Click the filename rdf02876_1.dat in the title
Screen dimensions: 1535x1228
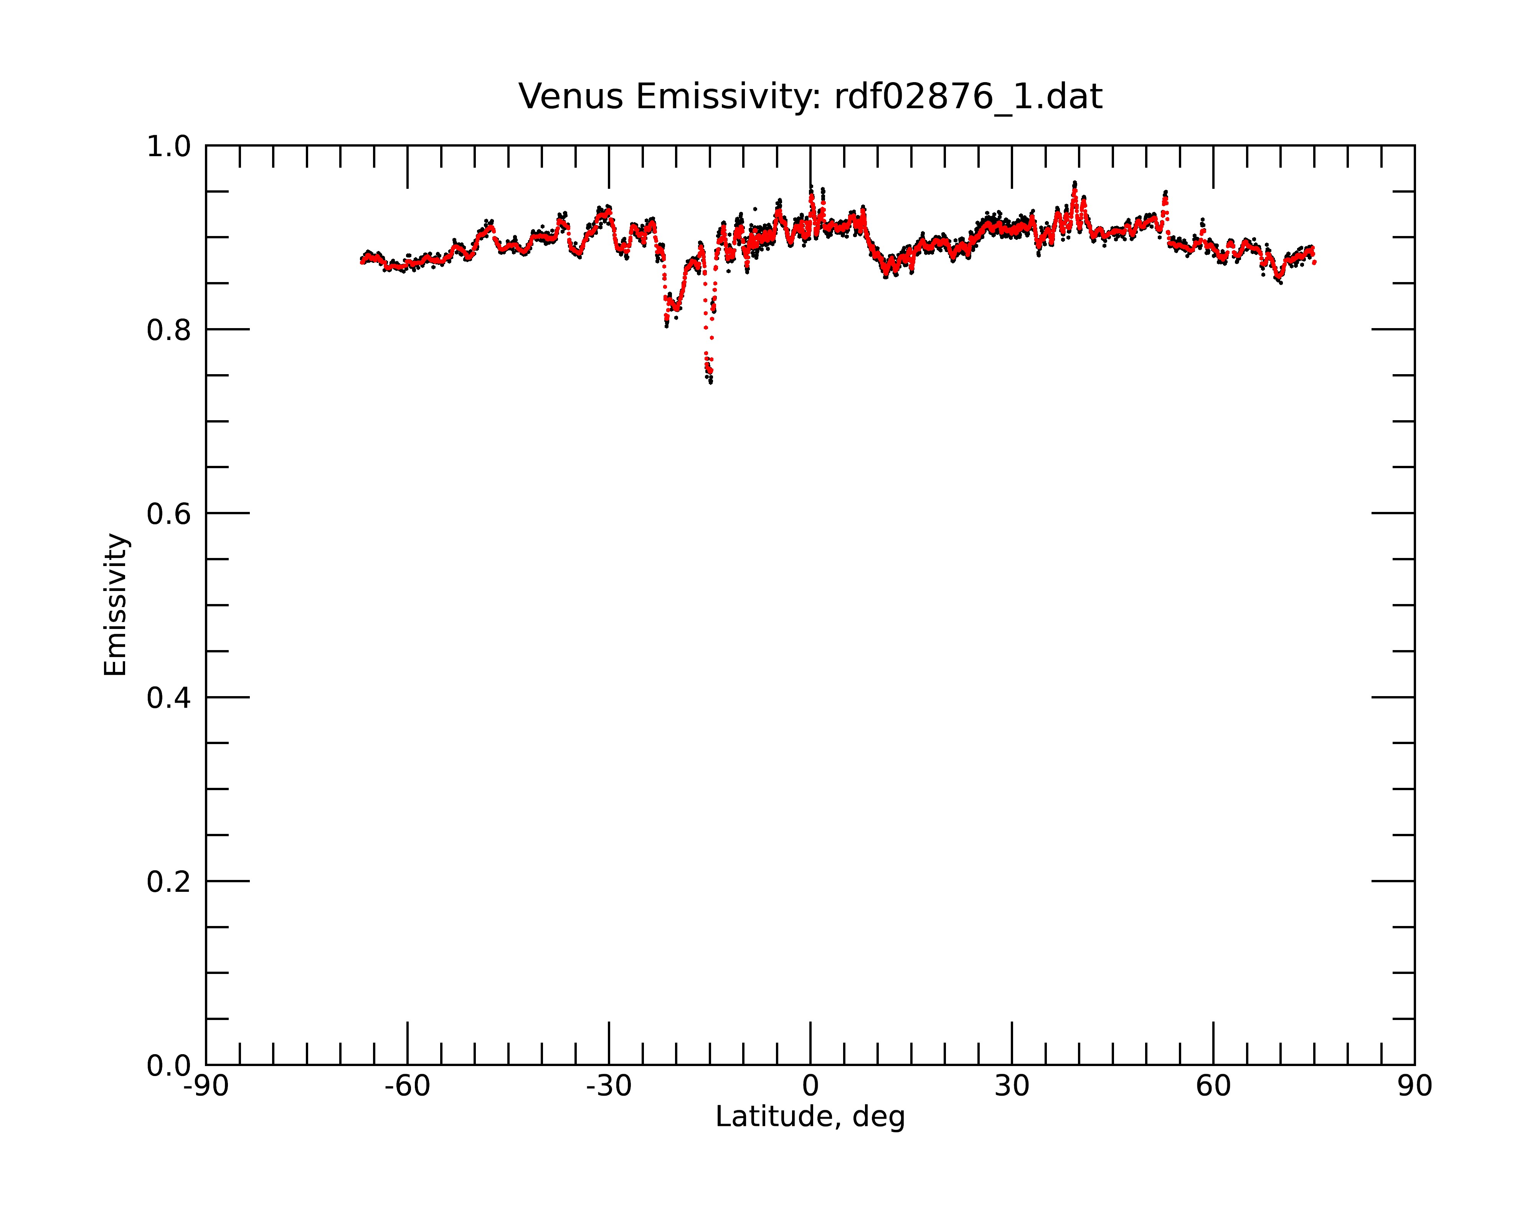(968, 97)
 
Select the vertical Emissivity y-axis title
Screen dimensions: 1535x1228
(116, 604)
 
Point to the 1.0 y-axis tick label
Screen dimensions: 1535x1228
(169, 147)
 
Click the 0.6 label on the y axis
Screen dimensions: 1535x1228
(169, 514)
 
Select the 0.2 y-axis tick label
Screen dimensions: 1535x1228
(169, 882)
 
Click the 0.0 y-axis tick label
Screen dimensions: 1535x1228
(169, 1066)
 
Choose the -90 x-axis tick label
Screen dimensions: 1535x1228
(206, 1086)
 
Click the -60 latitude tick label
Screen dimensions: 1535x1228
(407, 1086)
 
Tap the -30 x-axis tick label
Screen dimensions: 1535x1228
(609, 1086)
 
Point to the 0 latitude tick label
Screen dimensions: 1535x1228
(810, 1086)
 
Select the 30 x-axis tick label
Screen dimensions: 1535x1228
(1012, 1086)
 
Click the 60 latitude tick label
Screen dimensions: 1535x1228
(1213, 1086)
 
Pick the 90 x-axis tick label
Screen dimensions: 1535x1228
(1415, 1086)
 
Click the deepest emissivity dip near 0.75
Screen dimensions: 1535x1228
(710, 380)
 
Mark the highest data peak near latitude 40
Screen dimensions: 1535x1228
(1074, 184)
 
